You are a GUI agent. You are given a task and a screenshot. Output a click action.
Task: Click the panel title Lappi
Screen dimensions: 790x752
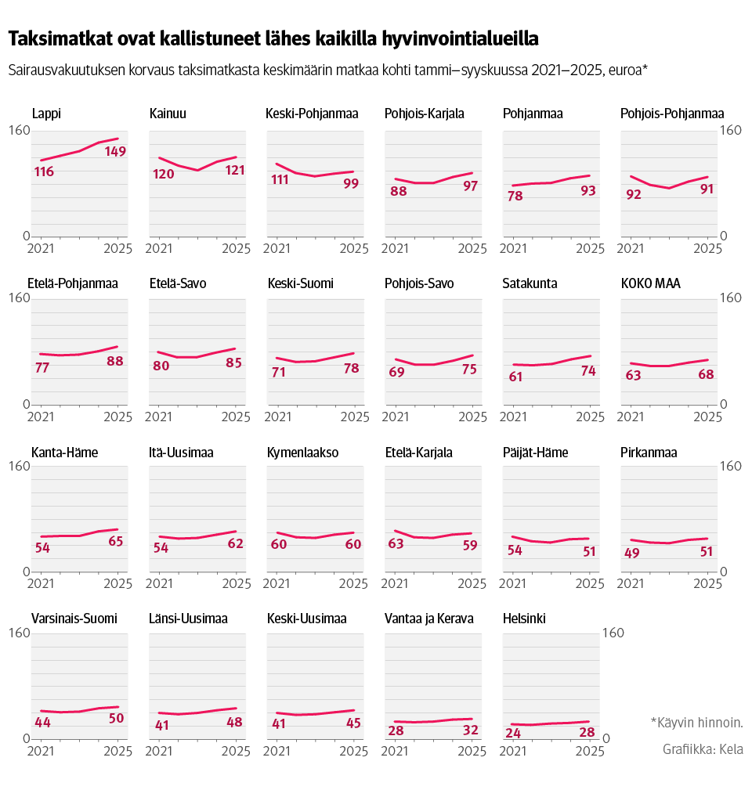click(46, 114)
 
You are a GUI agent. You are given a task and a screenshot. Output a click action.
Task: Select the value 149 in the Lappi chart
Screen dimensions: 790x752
click(115, 152)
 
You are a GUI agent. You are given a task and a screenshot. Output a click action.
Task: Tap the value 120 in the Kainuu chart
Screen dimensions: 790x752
click(163, 174)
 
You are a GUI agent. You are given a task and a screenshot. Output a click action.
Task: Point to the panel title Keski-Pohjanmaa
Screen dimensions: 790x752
click(313, 114)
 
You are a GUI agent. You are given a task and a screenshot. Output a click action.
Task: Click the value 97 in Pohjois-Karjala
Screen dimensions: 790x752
click(470, 186)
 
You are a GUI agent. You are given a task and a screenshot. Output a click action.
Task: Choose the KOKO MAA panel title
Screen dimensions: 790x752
click(650, 283)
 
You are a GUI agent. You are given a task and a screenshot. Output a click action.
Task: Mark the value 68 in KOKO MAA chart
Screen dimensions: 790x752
click(706, 374)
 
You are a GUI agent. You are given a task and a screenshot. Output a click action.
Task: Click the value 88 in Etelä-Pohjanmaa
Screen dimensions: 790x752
click(115, 362)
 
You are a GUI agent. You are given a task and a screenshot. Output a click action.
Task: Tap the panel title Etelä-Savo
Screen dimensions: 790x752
click(178, 283)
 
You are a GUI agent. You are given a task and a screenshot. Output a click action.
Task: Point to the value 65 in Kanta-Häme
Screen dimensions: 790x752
click(115, 542)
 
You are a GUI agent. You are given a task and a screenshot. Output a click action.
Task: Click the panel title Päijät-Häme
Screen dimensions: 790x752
click(535, 453)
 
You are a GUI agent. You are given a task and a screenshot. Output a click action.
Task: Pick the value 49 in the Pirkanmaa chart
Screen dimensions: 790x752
click(632, 553)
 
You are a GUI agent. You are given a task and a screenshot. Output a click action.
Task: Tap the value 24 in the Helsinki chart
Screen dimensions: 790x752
click(514, 734)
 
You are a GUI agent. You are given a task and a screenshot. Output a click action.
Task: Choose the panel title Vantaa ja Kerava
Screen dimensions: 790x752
click(428, 619)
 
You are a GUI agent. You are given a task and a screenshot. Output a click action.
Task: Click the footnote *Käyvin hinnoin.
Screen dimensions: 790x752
click(696, 722)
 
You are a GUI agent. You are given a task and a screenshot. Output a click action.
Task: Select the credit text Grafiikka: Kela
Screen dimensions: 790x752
click(703, 749)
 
